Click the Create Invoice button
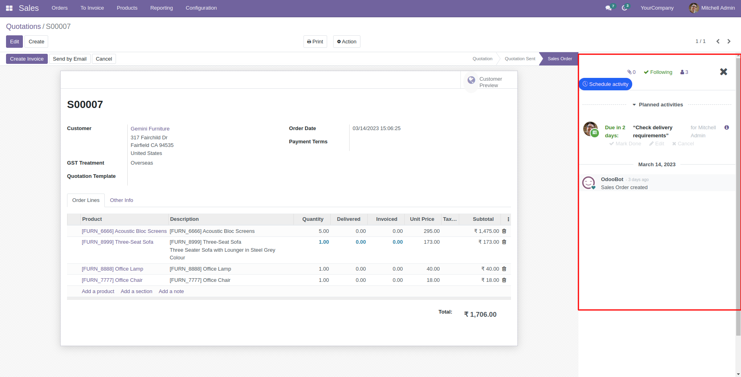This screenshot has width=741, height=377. (x=26, y=59)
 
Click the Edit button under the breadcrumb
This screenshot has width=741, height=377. (x=14, y=42)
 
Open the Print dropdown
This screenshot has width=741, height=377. (x=315, y=42)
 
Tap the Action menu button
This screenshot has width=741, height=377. (x=347, y=42)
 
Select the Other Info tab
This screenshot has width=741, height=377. (x=121, y=200)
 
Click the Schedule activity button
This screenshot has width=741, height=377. (x=605, y=84)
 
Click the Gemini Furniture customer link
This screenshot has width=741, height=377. (x=150, y=129)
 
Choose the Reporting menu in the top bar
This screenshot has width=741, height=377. (x=161, y=8)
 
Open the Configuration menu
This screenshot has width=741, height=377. (x=201, y=8)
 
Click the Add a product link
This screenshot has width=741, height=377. (x=98, y=291)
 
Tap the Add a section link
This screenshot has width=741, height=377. (x=136, y=291)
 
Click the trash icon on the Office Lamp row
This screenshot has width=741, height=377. (x=504, y=269)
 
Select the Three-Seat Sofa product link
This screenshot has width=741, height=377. (x=118, y=242)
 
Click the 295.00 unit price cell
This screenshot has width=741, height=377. (x=432, y=231)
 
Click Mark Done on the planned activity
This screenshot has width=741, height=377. (x=625, y=144)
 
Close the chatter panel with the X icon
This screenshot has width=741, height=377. (x=723, y=72)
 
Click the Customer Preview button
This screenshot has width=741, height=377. (x=485, y=82)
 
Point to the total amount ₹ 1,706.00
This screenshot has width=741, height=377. (x=480, y=315)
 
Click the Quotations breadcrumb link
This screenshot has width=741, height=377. (x=23, y=26)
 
